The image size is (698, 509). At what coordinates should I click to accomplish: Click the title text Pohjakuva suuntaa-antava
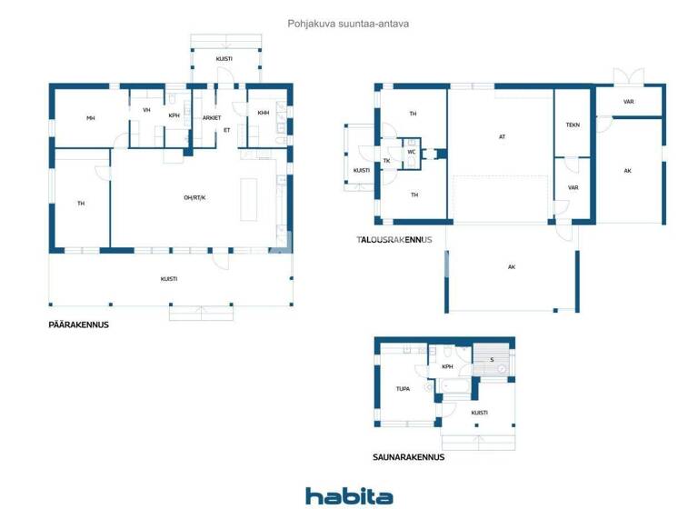point(348,24)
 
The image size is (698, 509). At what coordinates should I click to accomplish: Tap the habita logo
point(349,495)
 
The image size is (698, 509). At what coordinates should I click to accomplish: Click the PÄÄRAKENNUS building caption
point(78,324)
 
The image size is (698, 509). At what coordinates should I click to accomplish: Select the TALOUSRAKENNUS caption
point(394,240)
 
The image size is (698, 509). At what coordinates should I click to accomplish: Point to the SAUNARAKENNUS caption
point(408,457)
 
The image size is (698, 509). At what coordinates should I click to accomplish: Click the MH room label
point(91,118)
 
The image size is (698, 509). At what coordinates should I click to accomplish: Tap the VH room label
point(146,110)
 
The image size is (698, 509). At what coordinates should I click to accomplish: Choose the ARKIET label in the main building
point(212,117)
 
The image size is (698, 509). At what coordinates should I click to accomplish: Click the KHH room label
point(264,113)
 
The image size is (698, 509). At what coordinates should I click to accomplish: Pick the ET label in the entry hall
point(226,130)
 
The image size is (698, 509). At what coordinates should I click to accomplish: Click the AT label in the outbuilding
point(502,137)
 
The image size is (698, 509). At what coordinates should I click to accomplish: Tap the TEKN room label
point(573,125)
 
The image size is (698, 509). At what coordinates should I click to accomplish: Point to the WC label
point(411,152)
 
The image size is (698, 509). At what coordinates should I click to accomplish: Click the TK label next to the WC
point(386,161)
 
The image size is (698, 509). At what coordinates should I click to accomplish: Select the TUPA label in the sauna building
point(403,389)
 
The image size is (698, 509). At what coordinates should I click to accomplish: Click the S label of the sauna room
point(492,359)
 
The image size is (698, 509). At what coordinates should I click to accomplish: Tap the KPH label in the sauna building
point(447,366)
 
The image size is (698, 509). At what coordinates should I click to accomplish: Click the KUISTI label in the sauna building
point(479,412)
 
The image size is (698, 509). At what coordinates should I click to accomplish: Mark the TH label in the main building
point(81,204)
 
